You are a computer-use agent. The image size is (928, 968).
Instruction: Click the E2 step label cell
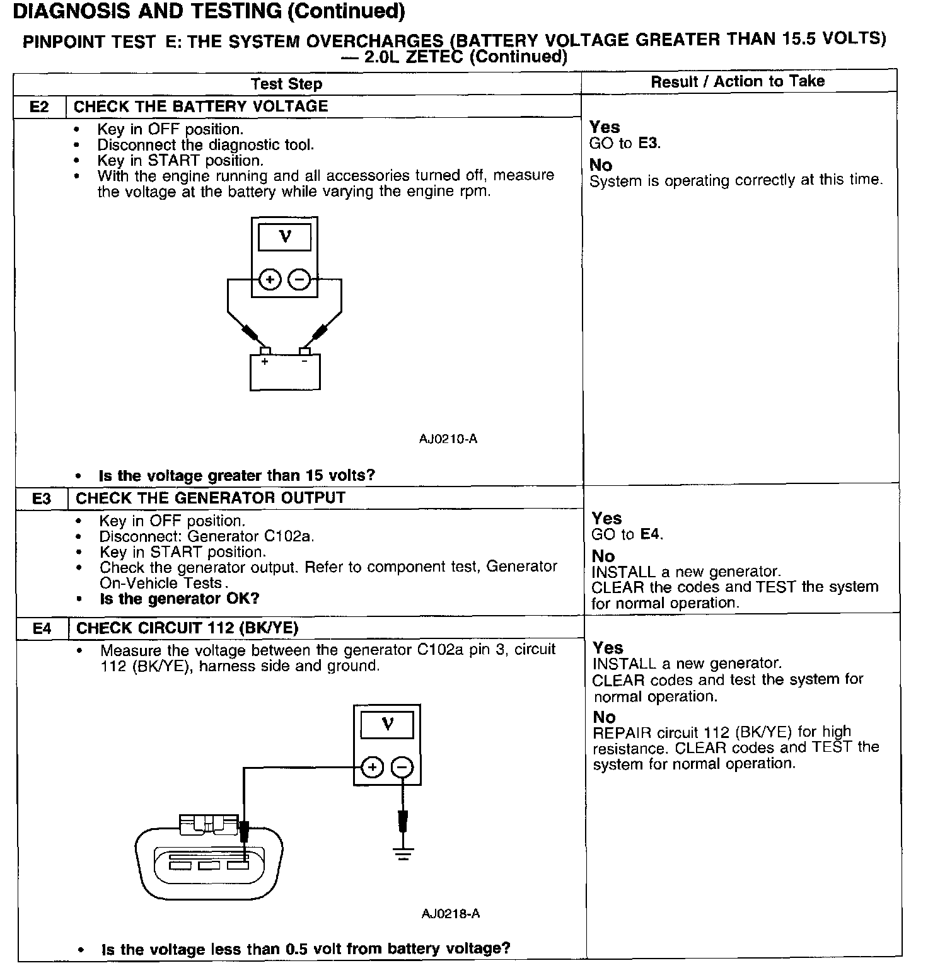click(39, 107)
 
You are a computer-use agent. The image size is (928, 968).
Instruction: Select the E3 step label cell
click(41, 498)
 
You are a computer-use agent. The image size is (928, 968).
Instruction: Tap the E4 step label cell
click(42, 628)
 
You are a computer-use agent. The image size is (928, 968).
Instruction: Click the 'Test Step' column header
click(286, 84)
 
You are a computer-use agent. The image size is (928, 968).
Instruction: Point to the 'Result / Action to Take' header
click(738, 81)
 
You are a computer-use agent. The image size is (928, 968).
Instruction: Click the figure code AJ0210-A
click(448, 439)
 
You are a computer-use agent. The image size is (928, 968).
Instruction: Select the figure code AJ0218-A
click(451, 913)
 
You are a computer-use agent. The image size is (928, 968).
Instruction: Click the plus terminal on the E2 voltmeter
click(270, 279)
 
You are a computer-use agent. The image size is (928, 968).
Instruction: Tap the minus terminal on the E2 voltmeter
click(299, 279)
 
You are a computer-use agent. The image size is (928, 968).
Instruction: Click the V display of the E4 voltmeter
click(387, 725)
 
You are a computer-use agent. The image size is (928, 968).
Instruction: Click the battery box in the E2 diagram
click(285, 372)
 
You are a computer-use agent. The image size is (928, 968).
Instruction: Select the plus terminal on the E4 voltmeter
click(373, 768)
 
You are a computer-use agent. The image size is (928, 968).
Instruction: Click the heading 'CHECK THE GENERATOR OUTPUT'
click(211, 498)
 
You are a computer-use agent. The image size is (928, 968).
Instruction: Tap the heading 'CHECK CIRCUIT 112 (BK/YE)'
click(187, 628)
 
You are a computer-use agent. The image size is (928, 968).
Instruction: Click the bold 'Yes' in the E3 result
click(606, 519)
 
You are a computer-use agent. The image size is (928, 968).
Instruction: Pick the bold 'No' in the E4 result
click(604, 717)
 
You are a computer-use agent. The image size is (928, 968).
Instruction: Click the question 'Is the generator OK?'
click(180, 598)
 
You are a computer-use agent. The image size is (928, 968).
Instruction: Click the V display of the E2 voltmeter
click(285, 238)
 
